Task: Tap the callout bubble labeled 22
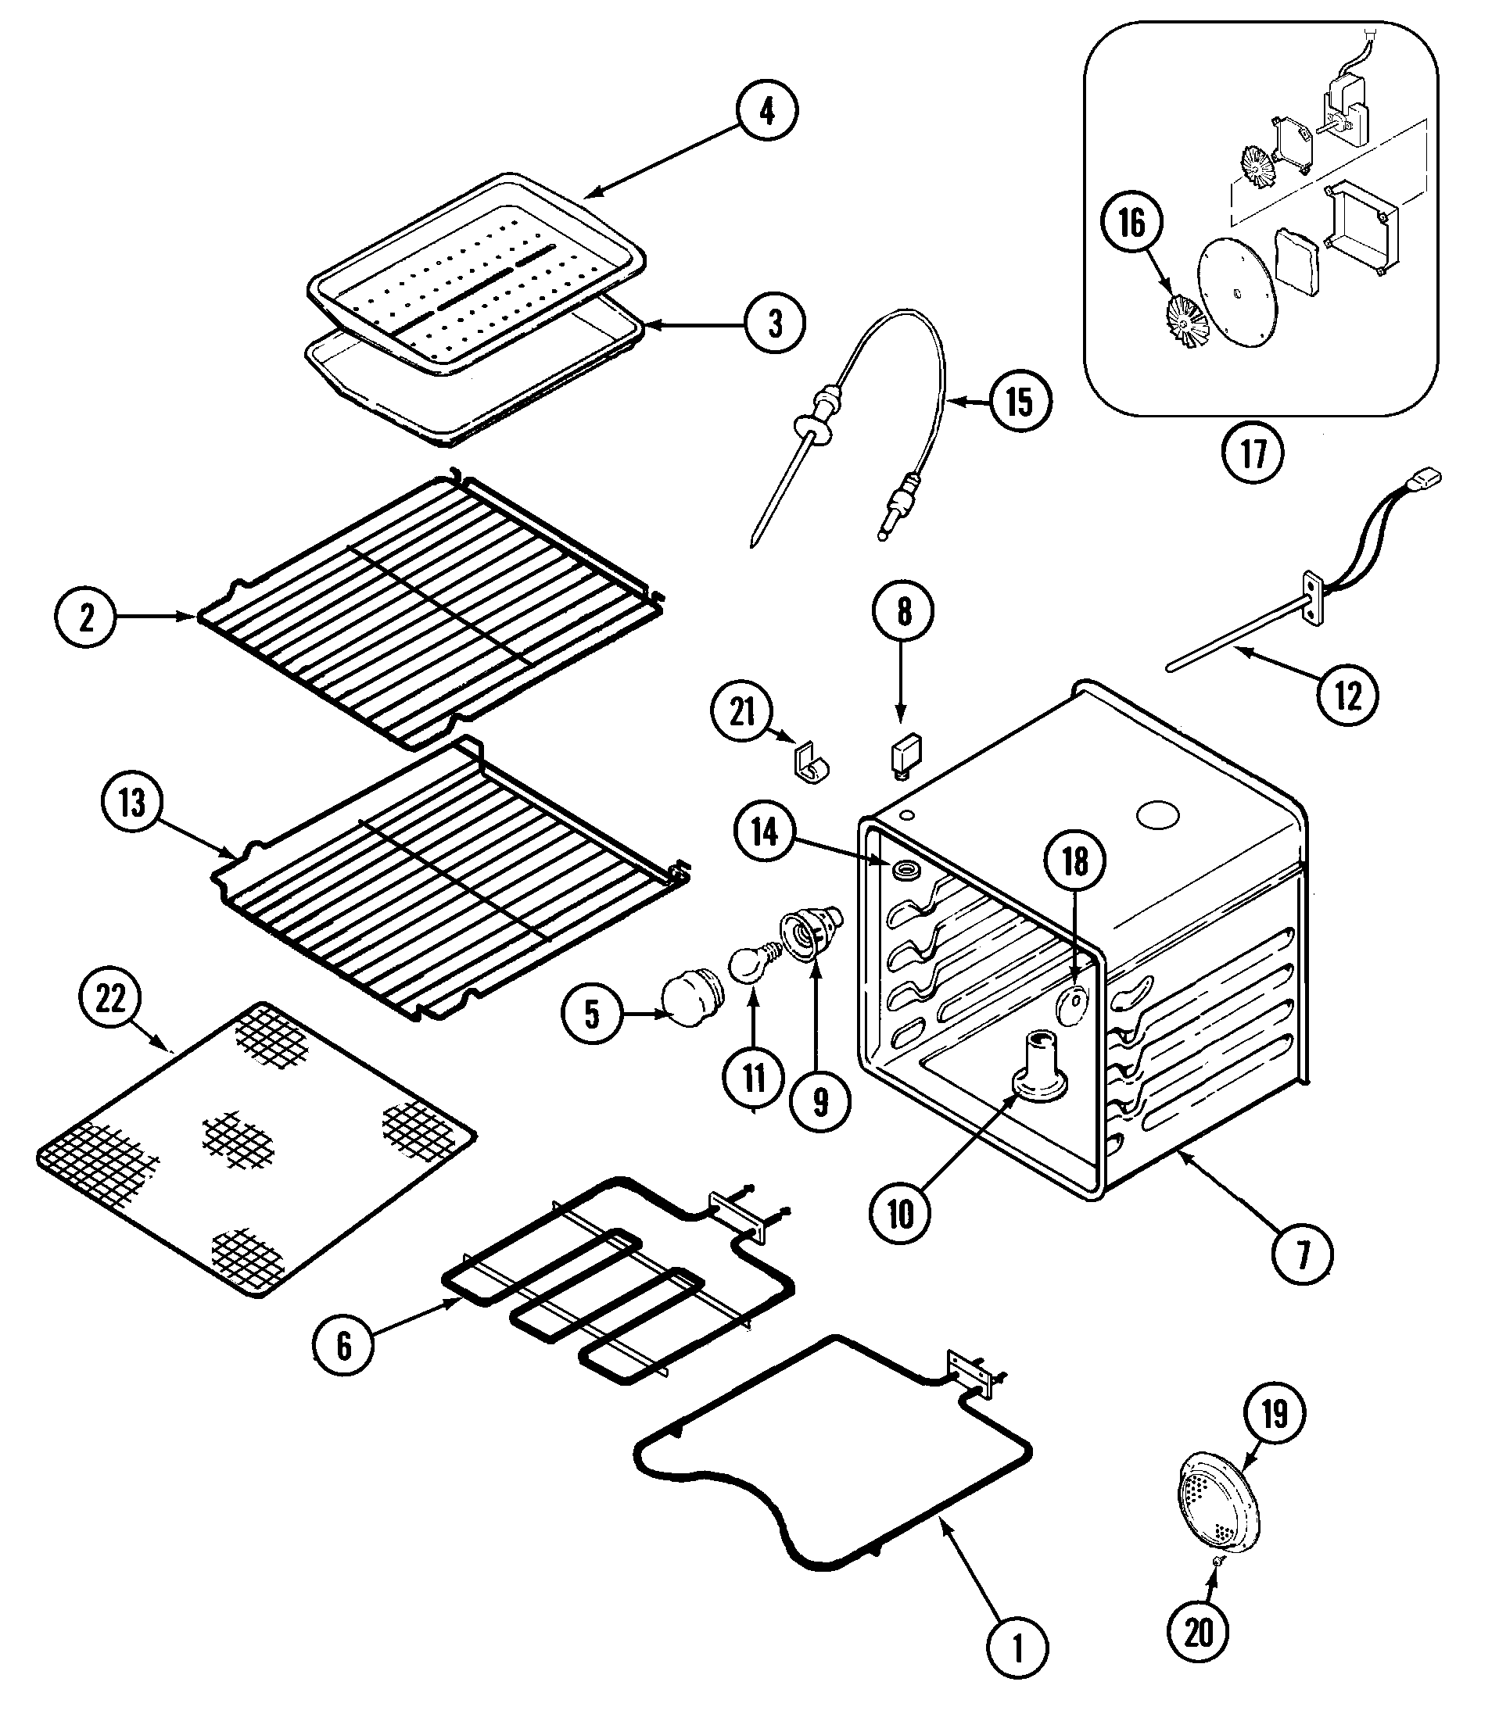point(110,998)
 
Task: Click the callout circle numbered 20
point(1199,1631)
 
